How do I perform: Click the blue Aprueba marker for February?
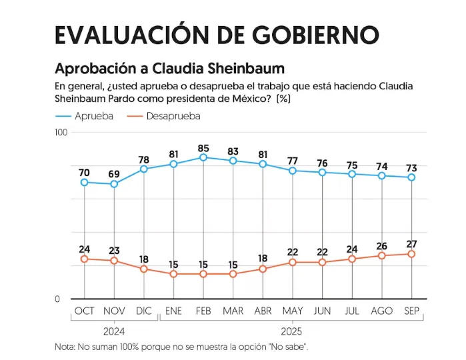coord(203,157)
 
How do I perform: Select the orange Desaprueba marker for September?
coord(411,254)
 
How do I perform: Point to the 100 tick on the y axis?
coord(61,133)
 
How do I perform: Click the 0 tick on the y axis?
coord(57,299)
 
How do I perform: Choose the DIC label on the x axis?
coord(144,311)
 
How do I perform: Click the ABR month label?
coord(263,311)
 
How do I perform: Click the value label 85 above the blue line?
coord(203,148)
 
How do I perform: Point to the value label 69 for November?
coord(114,174)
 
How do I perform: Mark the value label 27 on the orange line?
coord(411,243)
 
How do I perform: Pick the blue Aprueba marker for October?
coord(84,182)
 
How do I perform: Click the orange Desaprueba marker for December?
coord(144,269)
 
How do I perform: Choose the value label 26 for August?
coord(382,245)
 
